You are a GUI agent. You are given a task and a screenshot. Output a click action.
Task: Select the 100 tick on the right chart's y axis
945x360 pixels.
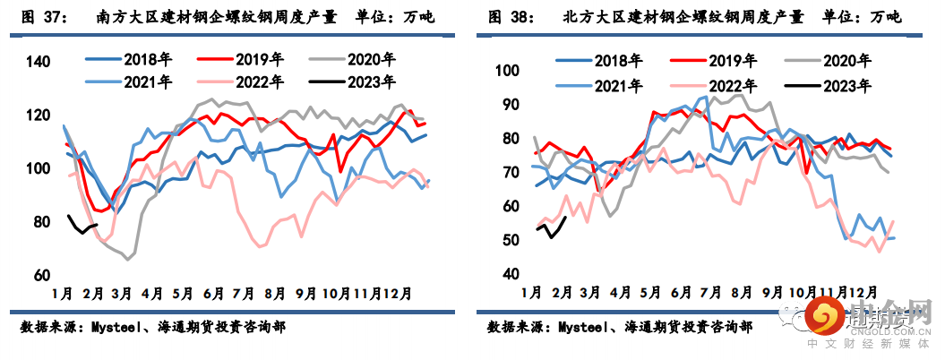508,72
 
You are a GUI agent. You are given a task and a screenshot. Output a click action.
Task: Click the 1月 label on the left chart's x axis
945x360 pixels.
63,293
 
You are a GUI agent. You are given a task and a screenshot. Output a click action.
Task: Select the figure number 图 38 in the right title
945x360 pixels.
509,18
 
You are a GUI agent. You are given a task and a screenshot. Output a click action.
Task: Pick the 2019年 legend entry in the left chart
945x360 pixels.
261,60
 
